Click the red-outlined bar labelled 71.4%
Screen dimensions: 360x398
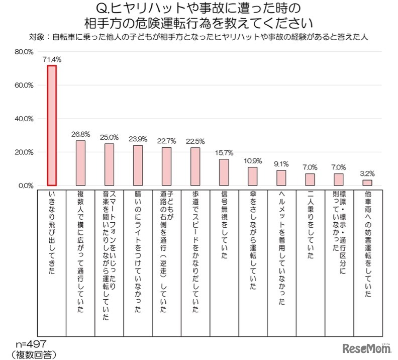tap(52, 126)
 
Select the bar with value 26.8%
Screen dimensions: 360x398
tap(80, 163)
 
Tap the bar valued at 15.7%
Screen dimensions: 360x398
tap(224, 172)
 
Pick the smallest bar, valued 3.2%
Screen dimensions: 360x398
tap(367, 183)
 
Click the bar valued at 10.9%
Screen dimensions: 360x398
tap(253, 176)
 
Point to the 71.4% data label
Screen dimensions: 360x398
tap(52, 59)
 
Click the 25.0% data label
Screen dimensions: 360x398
tap(109, 137)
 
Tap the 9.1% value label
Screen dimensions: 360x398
tap(281, 163)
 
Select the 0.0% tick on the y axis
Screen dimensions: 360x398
tap(26, 186)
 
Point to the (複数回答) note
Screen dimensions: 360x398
tap(33, 354)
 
